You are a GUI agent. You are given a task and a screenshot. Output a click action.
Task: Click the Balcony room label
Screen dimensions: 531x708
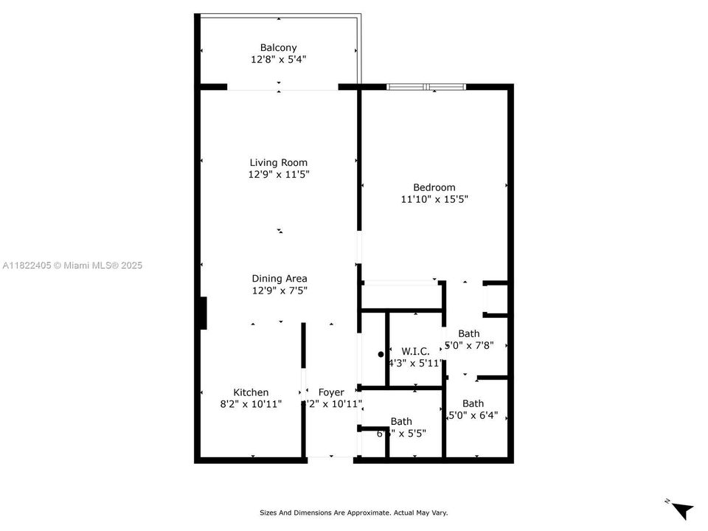(x=278, y=48)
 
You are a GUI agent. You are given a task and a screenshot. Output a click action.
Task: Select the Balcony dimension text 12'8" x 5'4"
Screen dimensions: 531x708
(x=278, y=60)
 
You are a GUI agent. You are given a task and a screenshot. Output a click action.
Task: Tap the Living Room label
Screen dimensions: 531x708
(x=278, y=163)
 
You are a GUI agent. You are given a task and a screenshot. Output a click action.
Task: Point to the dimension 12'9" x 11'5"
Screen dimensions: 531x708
(x=278, y=175)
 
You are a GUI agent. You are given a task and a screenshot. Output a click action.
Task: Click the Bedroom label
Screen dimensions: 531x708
(x=434, y=187)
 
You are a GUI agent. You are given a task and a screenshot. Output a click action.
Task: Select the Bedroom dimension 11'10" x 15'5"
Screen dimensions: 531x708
(x=434, y=199)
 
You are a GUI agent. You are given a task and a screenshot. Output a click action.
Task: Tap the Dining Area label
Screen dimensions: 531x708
(x=280, y=279)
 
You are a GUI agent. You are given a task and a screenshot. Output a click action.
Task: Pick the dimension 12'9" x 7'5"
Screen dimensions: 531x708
(x=280, y=291)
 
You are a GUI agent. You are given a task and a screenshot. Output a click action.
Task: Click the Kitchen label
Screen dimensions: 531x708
(x=251, y=392)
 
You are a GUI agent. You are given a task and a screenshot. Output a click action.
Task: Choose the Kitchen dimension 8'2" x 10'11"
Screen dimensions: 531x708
(x=251, y=404)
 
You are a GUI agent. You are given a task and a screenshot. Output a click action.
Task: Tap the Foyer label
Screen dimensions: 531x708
(x=331, y=392)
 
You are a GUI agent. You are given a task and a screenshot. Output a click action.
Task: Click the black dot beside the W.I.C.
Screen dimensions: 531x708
(x=381, y=355)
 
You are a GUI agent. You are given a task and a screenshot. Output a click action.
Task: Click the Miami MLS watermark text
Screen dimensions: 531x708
(x=72, y=265)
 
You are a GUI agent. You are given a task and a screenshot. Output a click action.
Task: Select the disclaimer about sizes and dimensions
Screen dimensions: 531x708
(x=353, y=513)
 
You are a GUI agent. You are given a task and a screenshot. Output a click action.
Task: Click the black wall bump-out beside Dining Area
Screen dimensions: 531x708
(x=203, y=313)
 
